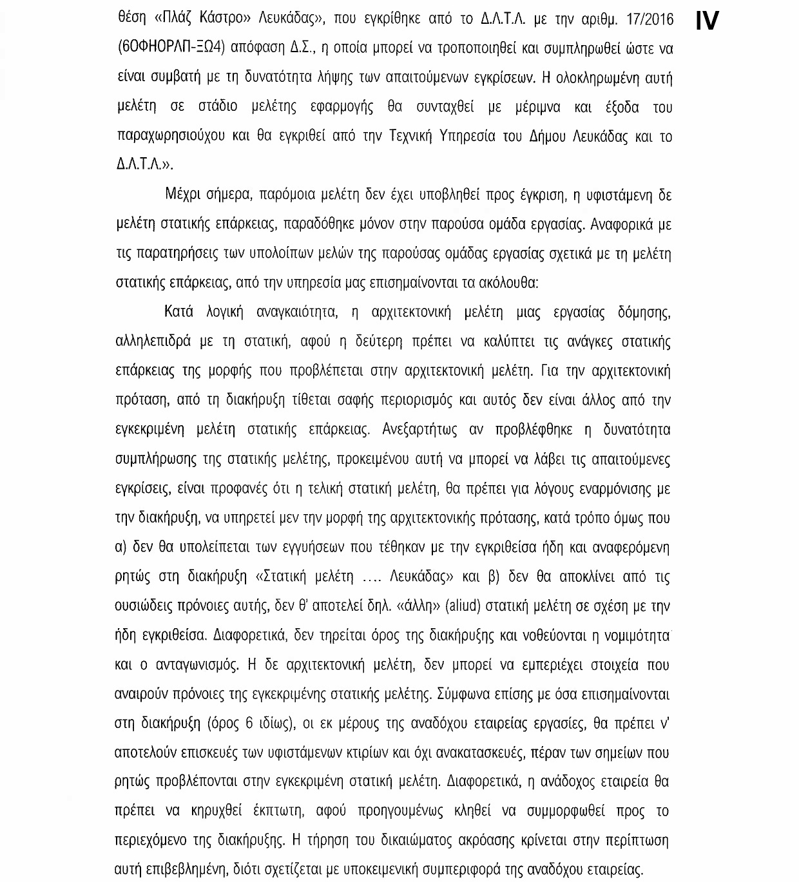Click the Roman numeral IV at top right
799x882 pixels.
(707, 21)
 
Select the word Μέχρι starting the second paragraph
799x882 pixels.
(182, 195)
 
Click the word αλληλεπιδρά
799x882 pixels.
(152, 341)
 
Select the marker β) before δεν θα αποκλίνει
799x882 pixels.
(494, 577)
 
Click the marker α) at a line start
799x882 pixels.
(120, 548)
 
